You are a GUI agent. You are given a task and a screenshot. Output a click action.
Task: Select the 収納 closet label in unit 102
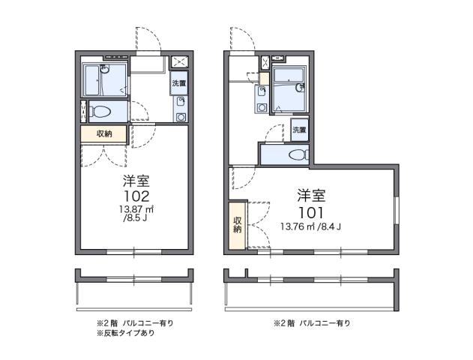(105, 133)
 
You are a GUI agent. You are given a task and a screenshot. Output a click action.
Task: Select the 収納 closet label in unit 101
(238, 224)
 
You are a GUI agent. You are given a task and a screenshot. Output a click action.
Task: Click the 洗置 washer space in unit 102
(179, 83)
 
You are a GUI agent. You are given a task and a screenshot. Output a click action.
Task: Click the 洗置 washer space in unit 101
(299, 130)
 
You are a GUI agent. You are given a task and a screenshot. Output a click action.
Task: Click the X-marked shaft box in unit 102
(180, 61)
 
